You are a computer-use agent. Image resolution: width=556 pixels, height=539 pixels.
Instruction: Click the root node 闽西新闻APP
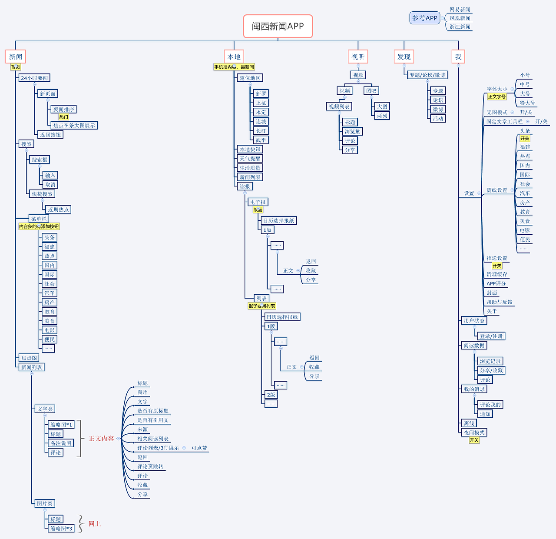click(278, 26)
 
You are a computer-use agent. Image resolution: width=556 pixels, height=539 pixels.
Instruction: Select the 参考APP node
click(424, 18)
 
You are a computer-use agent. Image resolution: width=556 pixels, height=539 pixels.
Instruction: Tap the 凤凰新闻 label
click(460, 18)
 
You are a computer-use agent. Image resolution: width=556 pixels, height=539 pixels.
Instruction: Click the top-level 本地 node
click(234, 57)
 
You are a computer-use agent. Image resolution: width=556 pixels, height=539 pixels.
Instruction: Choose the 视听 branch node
click(358, 57)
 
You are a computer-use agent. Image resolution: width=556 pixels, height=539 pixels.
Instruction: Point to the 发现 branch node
click(404, 57)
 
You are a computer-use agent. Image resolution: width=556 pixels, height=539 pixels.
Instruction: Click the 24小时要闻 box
click(34, 78)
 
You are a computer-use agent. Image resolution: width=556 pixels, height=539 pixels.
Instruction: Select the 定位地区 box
click(250, 78)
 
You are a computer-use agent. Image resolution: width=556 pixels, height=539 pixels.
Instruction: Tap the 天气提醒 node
click(250, 159)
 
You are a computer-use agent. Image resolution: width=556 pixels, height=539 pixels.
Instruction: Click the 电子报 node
click(258, 202)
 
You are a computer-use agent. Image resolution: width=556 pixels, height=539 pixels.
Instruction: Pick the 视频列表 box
click(339, 106)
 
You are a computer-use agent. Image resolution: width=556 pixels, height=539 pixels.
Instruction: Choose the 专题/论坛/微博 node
click(427, 75)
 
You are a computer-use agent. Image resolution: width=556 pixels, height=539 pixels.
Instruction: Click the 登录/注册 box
click(491, 336)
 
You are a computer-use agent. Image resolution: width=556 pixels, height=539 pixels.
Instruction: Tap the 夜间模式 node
click(474, 433)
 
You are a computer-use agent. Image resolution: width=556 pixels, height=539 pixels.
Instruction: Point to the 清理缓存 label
click(496, 274)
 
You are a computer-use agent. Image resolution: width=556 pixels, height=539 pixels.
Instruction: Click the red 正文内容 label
click(101, 439)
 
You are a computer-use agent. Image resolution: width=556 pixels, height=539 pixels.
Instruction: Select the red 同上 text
click(95, 524)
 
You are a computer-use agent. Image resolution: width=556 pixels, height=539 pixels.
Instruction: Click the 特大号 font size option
click(527, 103)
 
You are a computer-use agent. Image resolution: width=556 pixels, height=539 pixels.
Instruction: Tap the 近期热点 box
click(58, 210)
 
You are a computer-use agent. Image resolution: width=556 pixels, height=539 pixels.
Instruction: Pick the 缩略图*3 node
click(61, 529)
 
